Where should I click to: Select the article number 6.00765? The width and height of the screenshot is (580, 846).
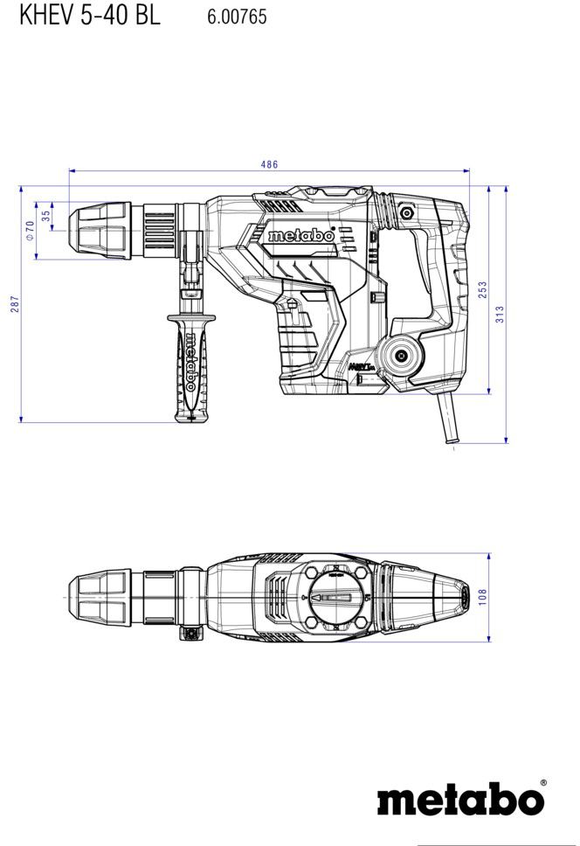point(237,17)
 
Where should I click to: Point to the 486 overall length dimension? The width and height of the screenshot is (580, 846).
point(268,165)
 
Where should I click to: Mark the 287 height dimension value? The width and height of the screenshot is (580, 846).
point(14,304)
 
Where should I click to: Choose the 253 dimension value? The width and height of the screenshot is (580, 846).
point(482,289)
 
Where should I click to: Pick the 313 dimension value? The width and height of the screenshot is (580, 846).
point(500,314)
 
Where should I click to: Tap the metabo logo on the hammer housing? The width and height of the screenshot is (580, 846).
point(301,236)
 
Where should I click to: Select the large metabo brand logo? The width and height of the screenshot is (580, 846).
point(460,801)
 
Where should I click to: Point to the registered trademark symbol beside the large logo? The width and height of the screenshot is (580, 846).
point(542,783)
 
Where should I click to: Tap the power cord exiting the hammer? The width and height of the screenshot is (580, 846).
point(447,420)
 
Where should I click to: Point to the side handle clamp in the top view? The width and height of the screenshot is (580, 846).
point(187,634)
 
